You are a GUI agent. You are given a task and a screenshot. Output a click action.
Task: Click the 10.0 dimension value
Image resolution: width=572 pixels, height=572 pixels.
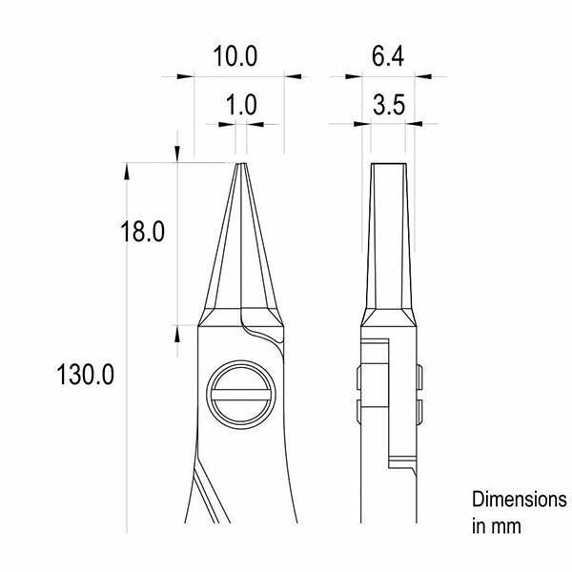[x=235, y=56]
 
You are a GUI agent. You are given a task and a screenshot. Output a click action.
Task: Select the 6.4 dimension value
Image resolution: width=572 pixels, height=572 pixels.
[x=388, y=56]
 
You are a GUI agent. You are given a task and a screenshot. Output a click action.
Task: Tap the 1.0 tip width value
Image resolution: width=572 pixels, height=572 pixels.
[x=241, y=105]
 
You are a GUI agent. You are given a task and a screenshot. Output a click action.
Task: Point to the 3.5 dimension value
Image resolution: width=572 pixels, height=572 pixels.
[x=389, y=105]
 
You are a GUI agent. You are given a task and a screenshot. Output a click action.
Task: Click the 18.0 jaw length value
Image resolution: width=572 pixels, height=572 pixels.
[x=143, y=232]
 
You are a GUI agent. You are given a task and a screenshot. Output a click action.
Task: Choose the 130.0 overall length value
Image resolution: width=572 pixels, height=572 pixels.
[x=86, y=375]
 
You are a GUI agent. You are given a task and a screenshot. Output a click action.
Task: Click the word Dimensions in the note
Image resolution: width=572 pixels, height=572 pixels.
[x=520, y=500]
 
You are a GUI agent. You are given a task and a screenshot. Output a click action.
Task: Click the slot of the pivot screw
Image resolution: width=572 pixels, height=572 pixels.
[x=241, y=395]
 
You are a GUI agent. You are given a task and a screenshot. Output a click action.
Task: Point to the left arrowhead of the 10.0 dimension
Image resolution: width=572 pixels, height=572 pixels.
[x=185, y=76]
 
